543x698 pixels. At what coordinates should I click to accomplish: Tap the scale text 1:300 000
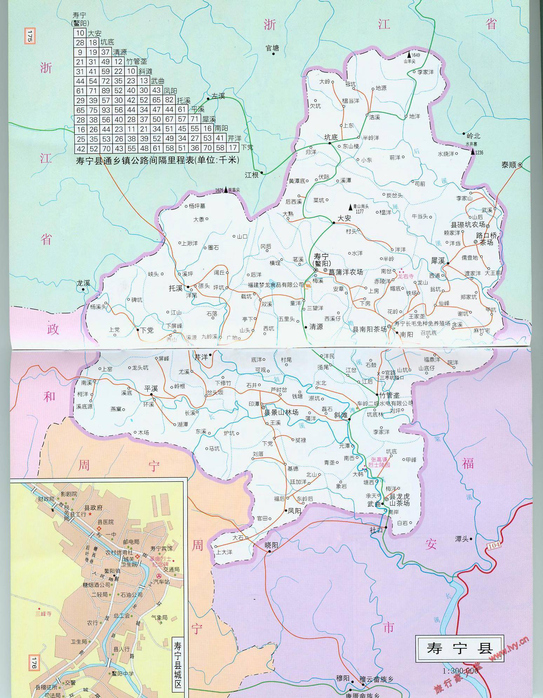pyautogui.click(x=461, y=671)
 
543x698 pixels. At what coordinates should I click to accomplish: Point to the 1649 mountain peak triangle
pyautogui.click(x=409, y=55)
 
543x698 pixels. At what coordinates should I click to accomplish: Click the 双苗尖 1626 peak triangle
pyautogui.click(x=226, y=189)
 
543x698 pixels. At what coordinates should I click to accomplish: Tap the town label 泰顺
pyautogui.click(x=509, y=165)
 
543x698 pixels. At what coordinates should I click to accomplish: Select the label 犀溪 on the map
pyautogui.click(x=438, y=261)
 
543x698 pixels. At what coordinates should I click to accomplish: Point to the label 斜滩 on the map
pyautogui.click(x=340, y=415)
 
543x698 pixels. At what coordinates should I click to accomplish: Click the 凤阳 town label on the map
pyautogui.click(x=294, y=511)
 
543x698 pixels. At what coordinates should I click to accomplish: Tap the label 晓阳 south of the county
pyautogui.click(x=271, y=545)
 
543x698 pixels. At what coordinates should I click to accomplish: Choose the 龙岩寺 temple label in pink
pyautogui.click(x=405, y=276)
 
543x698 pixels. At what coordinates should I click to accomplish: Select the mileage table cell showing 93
pyautogui.click(x=106, y=110)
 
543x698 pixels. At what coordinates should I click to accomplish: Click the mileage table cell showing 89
pyautogui.click(x=106, y=91)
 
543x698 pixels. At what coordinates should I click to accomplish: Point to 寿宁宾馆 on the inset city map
pyautogui.click(x=161, y=548)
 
